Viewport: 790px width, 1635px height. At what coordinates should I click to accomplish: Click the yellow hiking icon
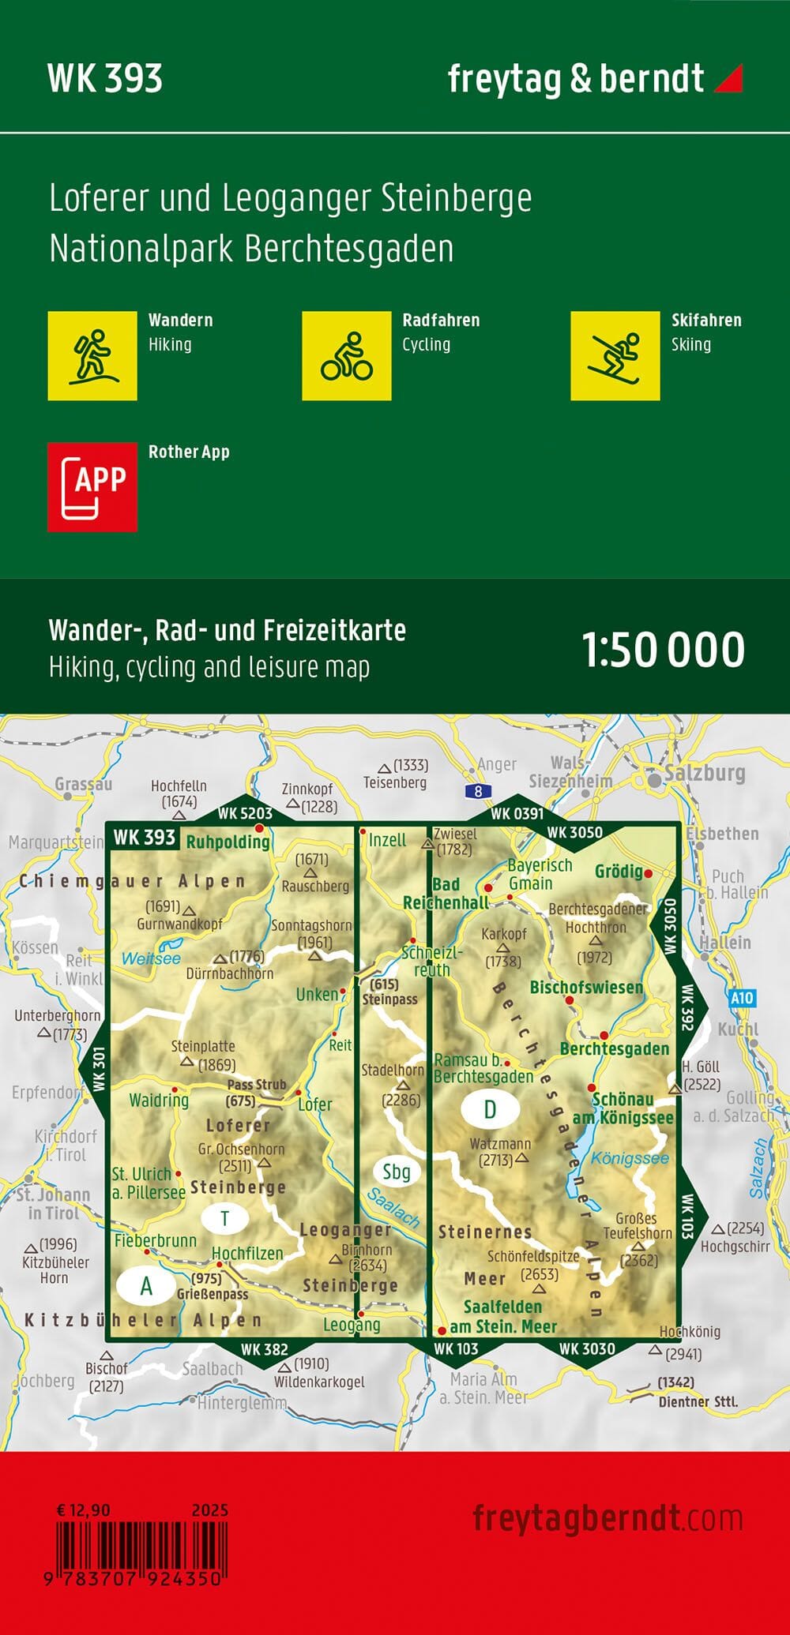(x=92, y=355)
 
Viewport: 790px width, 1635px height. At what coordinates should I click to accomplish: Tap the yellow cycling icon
(x=346, y=355)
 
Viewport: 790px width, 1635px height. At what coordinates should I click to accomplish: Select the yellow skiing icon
(x=615, y=355)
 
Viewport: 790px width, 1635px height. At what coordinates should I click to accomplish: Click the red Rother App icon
(x=92, y=486)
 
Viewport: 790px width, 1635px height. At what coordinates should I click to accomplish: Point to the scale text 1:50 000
(x=663, y=650)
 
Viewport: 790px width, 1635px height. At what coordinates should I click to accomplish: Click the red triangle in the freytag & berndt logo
(x=728, y=79)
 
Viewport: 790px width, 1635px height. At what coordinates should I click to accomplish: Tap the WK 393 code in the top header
(x=105, y=79)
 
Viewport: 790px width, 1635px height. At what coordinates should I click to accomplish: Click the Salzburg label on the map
(x=705, y=773)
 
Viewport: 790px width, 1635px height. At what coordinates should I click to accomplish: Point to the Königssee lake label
(x=630, y=1158)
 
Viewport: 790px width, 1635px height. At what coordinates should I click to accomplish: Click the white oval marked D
(x=490, y=1109)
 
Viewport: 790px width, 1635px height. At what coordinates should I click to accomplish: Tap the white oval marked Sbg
(x=396, y=1172)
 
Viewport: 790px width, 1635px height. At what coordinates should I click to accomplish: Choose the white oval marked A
(x=146, y=1286)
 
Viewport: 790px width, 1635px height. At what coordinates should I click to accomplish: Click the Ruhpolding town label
(x=228, y=842)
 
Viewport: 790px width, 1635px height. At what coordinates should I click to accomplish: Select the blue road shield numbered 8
(x=478, y=791)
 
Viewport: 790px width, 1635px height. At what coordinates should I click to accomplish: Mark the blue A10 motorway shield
(x=741, y=998)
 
